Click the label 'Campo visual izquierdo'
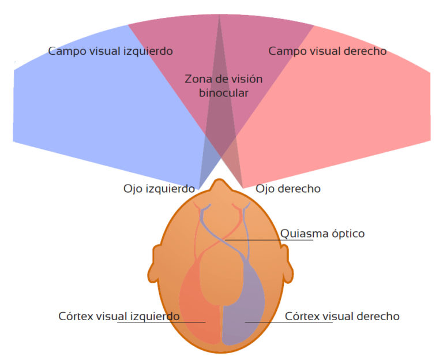pos(110,51)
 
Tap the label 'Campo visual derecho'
pos(327,51)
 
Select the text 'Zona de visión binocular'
pos(223,85)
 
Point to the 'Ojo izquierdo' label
pos(159,189)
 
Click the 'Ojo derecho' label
pos(288,189)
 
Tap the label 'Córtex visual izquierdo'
pos(119,316)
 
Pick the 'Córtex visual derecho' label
pos(342,316)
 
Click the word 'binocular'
pos(224,92)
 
